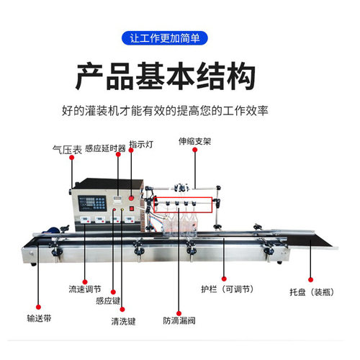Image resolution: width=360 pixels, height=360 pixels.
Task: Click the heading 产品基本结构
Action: point(179,76)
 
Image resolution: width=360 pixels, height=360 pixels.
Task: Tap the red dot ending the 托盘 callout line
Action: point(312,279)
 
